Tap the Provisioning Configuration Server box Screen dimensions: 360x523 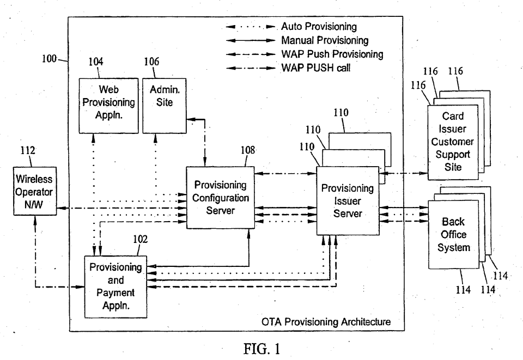tap(220, 197)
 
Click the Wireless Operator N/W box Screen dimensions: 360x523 tap(34, 192)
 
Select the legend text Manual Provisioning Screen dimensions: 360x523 tap(325, 40)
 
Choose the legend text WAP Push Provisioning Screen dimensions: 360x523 tap(332, 54)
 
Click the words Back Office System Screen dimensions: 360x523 tap(453, 234)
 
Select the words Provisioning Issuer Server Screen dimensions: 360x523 tap(348, 200)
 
